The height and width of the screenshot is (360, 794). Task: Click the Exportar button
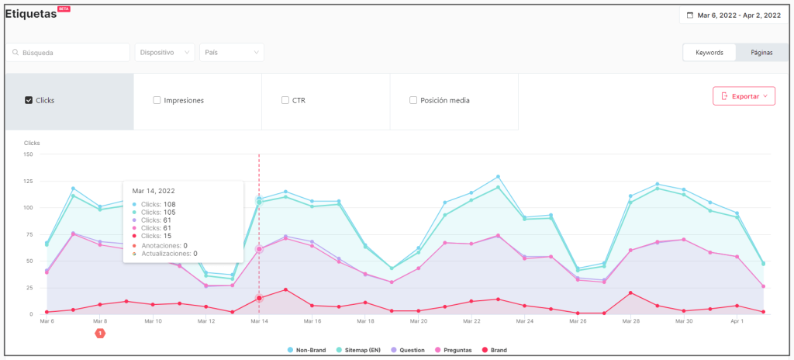point(744,96)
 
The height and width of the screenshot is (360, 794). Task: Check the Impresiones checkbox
point(157,100)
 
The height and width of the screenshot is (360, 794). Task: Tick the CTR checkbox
point(285,100)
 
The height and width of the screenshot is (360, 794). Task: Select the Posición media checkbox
point(413,100)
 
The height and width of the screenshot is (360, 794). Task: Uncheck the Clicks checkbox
point(29,100)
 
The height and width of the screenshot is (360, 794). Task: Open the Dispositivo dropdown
point(164,53)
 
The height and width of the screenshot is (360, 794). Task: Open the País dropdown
point(231,53)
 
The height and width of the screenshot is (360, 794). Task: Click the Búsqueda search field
point(68,53)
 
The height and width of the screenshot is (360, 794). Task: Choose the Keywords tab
point(709,53)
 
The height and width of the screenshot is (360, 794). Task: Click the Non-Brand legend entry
point(307,350)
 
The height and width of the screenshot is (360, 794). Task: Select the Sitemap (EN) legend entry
point(361,350)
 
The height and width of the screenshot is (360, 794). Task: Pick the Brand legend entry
point(496,350)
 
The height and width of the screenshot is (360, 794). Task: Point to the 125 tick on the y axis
point(28,181)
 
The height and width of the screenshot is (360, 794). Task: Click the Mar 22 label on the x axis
point(471,320)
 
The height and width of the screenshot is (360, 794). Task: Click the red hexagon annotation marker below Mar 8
point(100,333)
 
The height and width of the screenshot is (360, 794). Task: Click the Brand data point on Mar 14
point(259,298)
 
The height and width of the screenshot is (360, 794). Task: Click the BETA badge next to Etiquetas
point(64,8)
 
